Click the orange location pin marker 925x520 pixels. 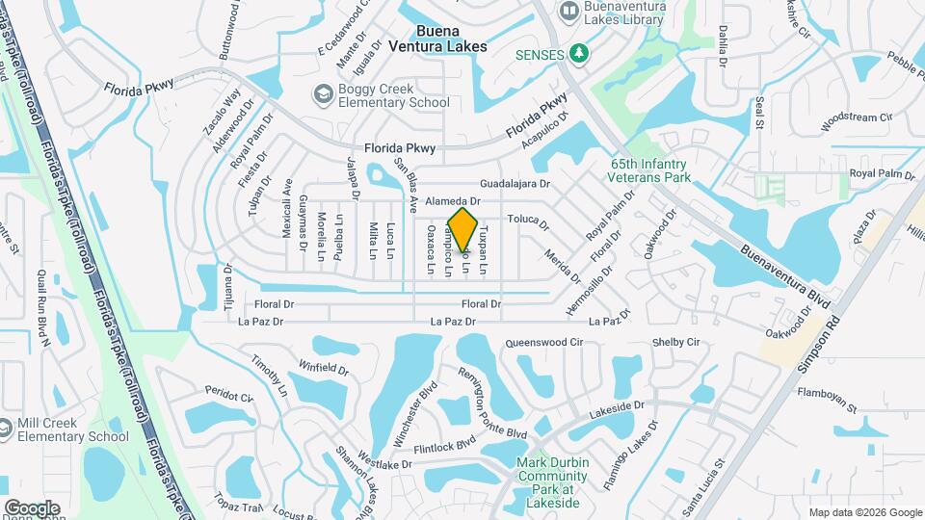[x=463, y=229]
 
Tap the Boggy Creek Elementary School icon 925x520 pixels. [x=321, y=94]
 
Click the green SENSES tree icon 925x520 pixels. [x=578, y=54]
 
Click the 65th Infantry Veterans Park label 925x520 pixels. [x=650, y=170]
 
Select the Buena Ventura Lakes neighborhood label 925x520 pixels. [x=437, y=38]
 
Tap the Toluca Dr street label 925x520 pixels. [x=528, y=222]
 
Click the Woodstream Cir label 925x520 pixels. [x=857, y=121]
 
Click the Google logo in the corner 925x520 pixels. [x=32, y=507]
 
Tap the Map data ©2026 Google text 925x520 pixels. [x=865, y=512]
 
